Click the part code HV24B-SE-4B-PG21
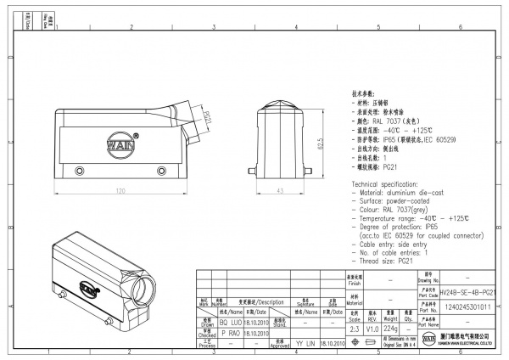tap(467, 291)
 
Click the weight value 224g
tap(391, 328)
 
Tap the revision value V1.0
tap(372, 328)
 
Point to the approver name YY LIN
tap(305, 344)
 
